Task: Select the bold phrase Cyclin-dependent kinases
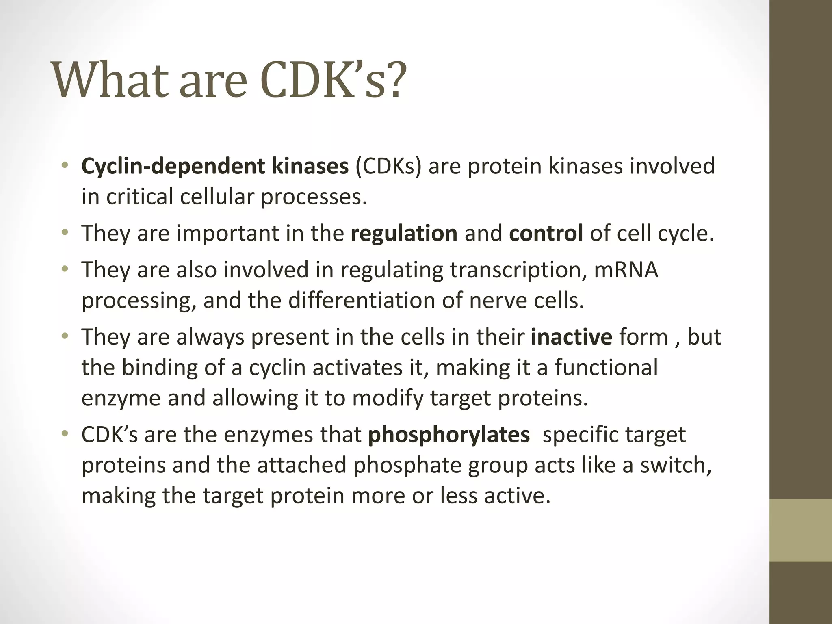[215, 166]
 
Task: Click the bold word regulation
[404, 233]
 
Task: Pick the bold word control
[546, 233]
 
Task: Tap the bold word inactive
[571, 337]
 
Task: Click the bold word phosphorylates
[448, 435]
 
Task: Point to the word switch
[675, 465]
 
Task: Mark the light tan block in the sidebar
[801, 530]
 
